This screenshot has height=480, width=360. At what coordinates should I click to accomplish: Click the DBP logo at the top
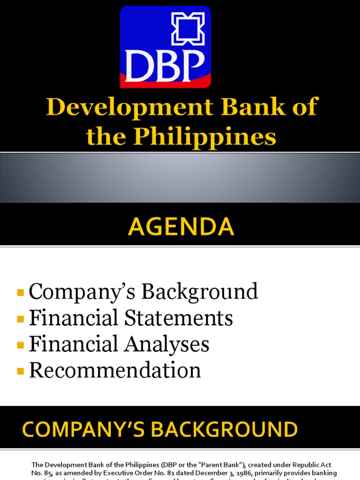pyautogui.click(x=165, y=47)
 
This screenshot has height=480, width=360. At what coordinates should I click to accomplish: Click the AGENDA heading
pyautogui.click(x=180, y=227)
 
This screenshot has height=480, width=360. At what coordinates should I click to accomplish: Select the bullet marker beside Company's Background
pyautogui.click(x=20, y=292)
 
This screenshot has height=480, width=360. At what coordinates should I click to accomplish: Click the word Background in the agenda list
pyautogui.click(x=200, y=292)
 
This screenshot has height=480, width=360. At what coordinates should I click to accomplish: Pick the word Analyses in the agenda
pyautogui.click(x=166, y=344)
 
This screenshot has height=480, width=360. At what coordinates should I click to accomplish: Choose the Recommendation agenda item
pyautogui.click(x=115, y=370)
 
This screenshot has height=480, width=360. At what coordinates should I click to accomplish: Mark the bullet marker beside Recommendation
pyautogui.click(x=20, y=371)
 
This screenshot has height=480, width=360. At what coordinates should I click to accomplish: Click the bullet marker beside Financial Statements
pyautogui.click(x=20, y=319)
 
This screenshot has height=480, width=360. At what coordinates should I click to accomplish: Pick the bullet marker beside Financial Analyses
pyautogui.click(x=20, y=345)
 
